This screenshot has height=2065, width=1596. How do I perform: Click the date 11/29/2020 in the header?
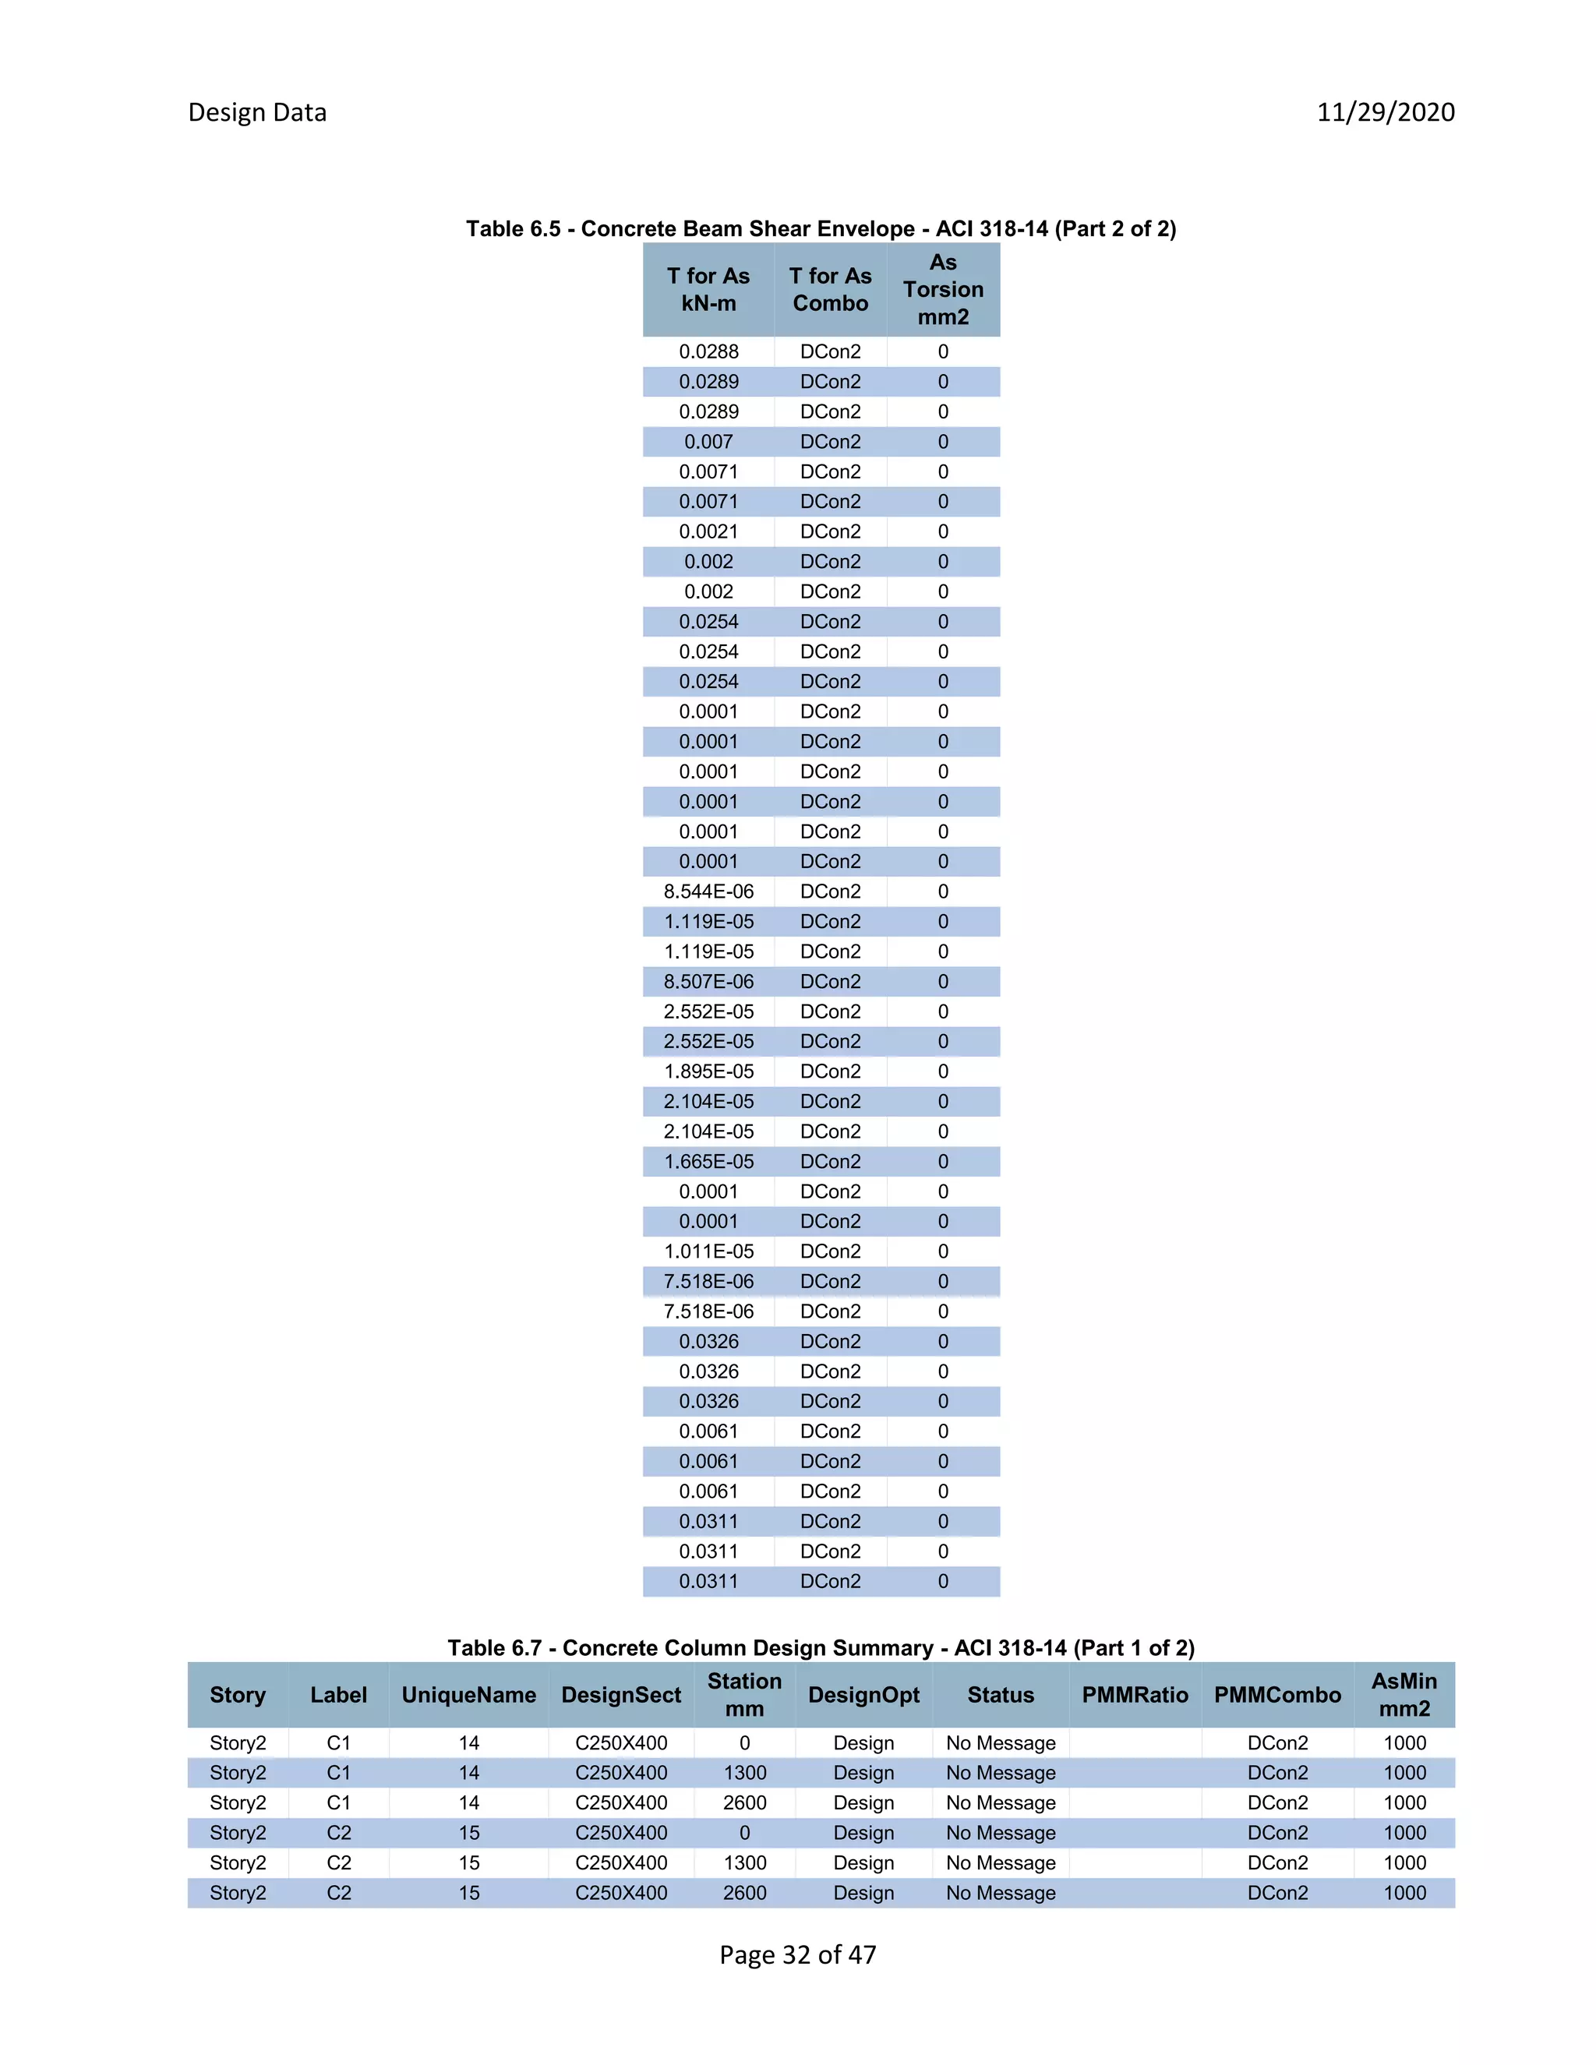point(1385,112)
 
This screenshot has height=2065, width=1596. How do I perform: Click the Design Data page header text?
point(257,112)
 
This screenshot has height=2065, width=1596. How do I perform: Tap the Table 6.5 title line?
point(820,229)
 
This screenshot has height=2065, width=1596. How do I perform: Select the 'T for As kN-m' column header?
point(708,289)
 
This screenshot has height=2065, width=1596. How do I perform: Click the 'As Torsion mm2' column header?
point(943,289)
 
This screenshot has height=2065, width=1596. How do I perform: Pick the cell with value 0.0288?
point(708,351)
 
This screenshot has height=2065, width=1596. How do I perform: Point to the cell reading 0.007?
point(708,442)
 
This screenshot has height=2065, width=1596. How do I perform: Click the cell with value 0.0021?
point(708,531)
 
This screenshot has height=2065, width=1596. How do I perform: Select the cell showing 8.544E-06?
point(708,891)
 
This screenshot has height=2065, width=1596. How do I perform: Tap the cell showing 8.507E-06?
point(708,981)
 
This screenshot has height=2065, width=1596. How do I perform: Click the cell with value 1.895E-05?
point(708,1071)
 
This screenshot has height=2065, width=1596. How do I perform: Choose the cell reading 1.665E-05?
point(708,1161)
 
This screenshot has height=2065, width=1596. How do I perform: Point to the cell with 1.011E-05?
point(708,1251)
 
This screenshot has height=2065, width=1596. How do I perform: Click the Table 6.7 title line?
point(820,1648)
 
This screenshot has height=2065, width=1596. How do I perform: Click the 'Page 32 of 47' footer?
point(797,1954)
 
